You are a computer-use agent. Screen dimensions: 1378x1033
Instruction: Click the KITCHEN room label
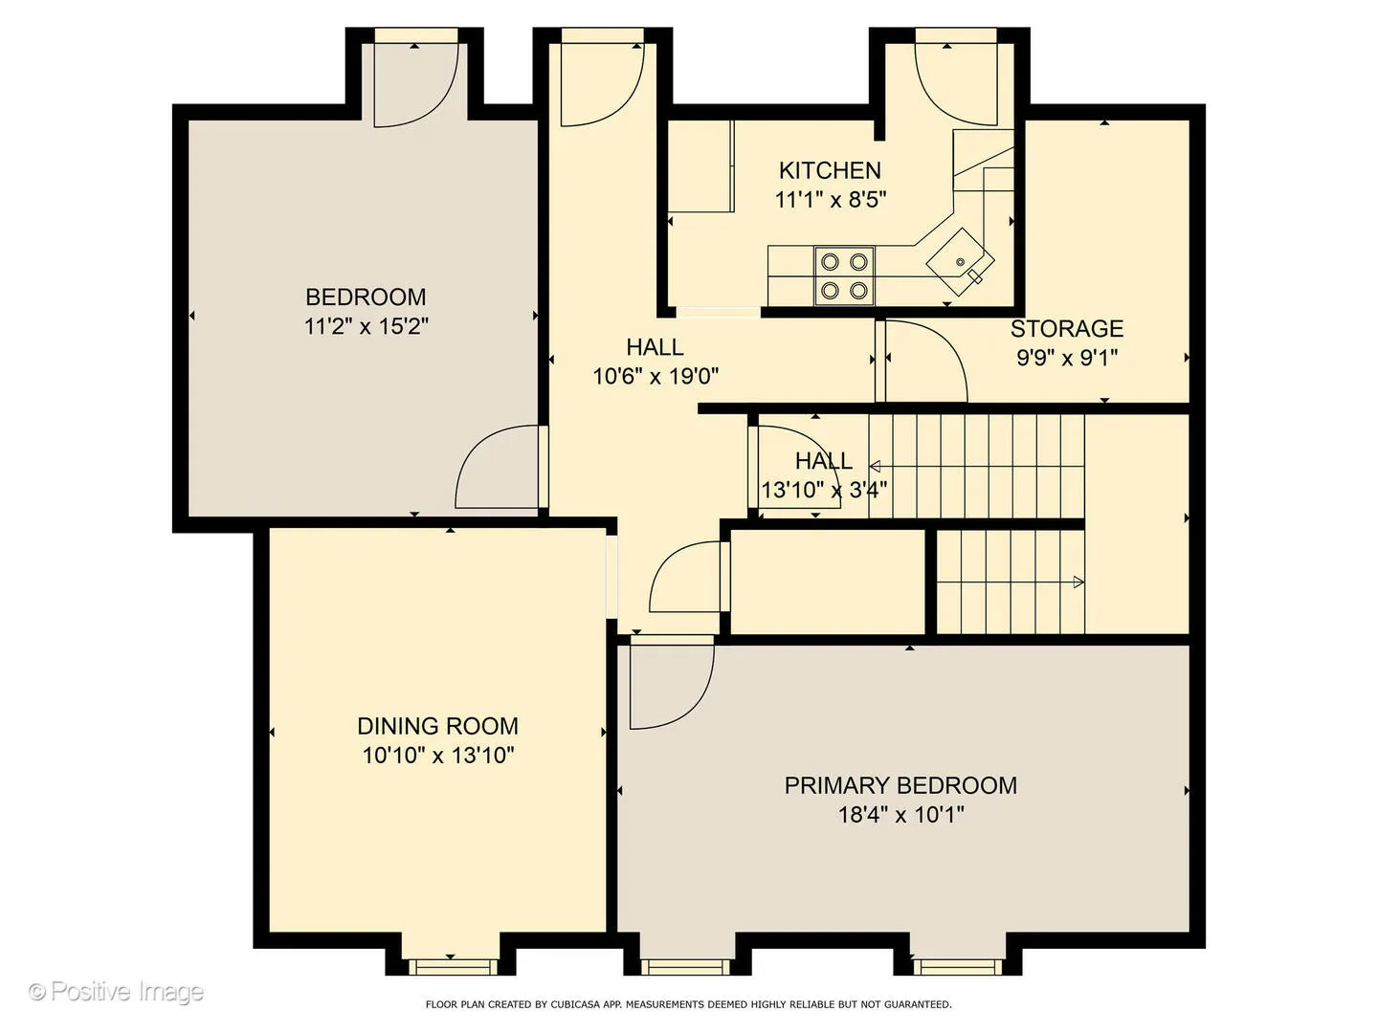(x=830, y=170)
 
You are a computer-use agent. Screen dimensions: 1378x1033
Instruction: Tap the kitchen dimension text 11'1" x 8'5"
(x=830, y=200)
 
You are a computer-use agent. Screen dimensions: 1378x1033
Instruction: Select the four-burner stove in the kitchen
(x=844, y=276)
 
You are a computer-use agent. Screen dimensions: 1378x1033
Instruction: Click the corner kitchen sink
(x=961, y=261)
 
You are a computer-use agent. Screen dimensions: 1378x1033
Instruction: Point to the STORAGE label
(x=1067, y=329)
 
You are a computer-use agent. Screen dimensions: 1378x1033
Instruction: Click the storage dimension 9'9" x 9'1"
(x=1067, y=358)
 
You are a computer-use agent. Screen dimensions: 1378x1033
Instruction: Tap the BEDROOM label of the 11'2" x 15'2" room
(x=366, y=297)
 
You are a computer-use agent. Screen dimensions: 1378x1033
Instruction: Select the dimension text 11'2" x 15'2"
(x=366, y=326)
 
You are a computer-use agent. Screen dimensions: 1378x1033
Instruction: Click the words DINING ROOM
(x=437, y=726)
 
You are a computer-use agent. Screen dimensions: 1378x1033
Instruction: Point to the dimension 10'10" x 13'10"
(x=438, y=756)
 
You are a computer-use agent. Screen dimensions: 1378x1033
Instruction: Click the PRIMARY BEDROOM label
(x=900, y=785)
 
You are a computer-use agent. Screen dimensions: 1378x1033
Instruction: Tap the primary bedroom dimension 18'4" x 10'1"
(x=900, y=815)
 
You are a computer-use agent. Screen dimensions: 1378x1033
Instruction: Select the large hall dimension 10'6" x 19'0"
(x=656, y=376)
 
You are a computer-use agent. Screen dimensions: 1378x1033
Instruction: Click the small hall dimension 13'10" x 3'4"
(x=824, y=489)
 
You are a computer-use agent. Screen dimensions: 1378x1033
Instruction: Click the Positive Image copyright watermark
(x=116, y=992)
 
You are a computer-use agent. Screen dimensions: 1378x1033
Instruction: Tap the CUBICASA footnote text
(x=689, y=1004)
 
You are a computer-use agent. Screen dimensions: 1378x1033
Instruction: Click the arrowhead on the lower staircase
(x=1078, y=582)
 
